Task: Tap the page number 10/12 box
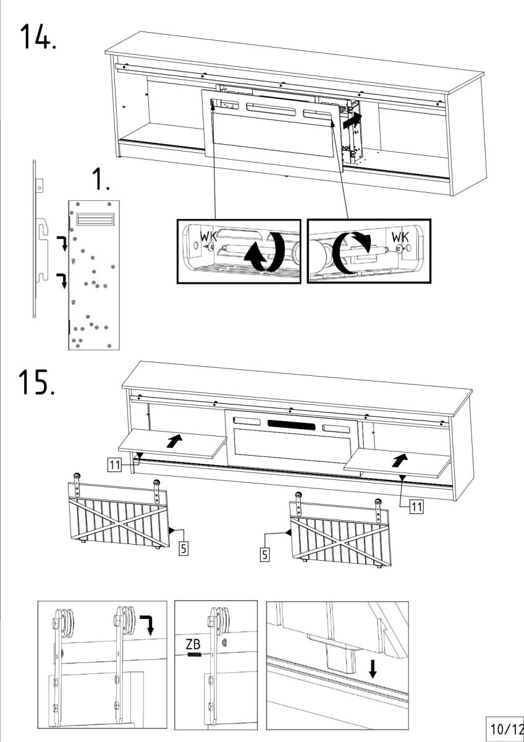(506, 729)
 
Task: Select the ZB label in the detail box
(193, 643)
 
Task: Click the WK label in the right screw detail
(400, 237)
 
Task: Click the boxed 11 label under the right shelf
(417, 506)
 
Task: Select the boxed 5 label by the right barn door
(264, 555)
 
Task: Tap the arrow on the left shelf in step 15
(175, 441)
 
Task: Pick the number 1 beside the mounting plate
(100, 179)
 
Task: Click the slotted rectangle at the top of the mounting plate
(94, 219)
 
